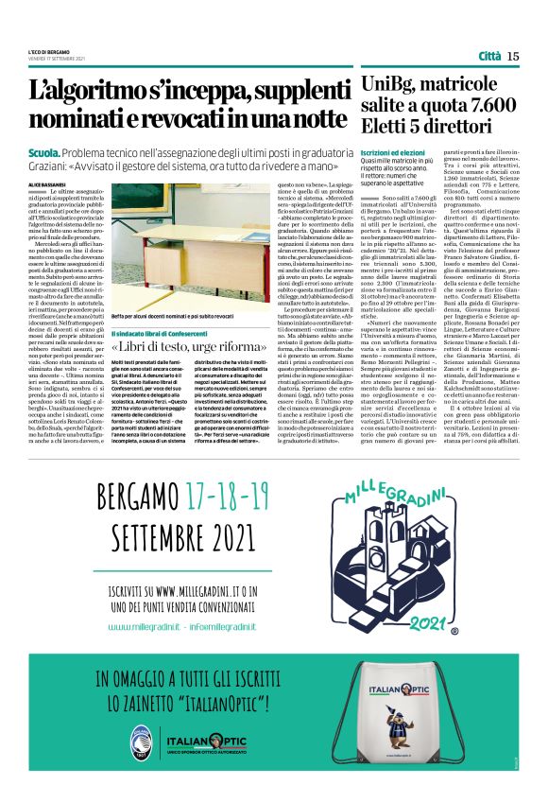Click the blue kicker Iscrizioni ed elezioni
(x=394, y=152)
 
